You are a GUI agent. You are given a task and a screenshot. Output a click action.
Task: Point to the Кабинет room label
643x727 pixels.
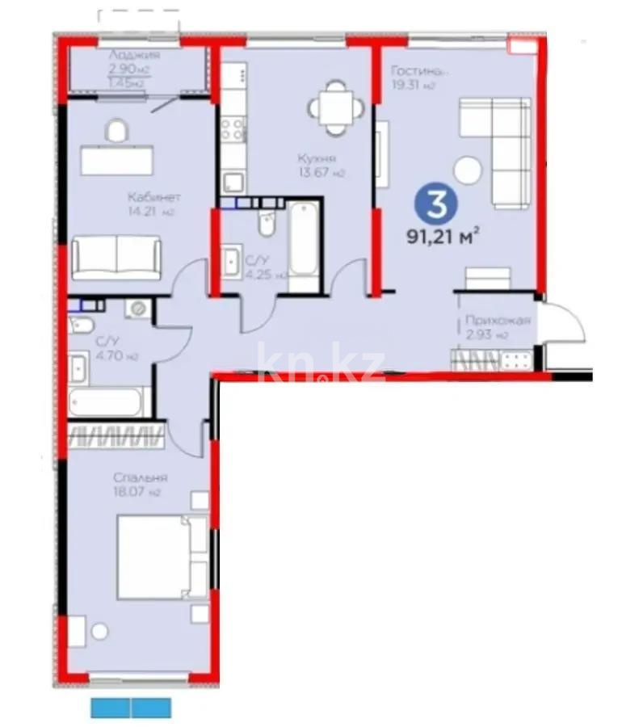[153, 197]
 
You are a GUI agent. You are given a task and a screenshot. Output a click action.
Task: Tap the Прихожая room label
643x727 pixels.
[498, 321]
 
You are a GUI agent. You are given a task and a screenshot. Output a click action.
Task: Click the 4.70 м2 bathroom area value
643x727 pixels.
[96, 355]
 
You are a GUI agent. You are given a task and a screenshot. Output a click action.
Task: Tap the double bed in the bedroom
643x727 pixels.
[162, 557]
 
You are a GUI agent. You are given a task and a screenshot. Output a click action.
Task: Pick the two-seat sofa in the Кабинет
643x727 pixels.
[116, 256]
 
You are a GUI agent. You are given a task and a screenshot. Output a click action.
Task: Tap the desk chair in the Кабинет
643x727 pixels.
[116, 131]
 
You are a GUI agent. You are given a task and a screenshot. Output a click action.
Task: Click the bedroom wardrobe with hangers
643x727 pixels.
[118, 438]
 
